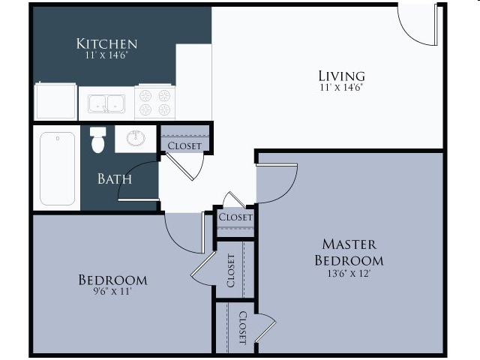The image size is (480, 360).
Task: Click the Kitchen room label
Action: (x=106, y=43)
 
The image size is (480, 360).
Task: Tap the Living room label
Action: (x=341, y=75)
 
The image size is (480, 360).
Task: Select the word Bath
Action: (x=115, y=179)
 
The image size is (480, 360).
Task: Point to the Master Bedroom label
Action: (x=349, y=253)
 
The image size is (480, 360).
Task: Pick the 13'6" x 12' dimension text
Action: (x=349, y=274)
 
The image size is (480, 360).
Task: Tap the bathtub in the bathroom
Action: (x=57, y=168)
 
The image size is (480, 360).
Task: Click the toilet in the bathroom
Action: (x=97, y=139)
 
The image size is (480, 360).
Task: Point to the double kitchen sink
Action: (x=106, y=103)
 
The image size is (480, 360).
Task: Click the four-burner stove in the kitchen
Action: (x=155, y=103)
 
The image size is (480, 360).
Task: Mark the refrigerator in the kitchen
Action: (x=55, y=102)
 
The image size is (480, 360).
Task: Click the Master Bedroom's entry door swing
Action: (x=276, y=183)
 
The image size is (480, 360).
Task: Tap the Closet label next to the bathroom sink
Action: (x=184, y=145)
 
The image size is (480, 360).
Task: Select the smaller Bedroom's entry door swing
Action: (x=184, y=232)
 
